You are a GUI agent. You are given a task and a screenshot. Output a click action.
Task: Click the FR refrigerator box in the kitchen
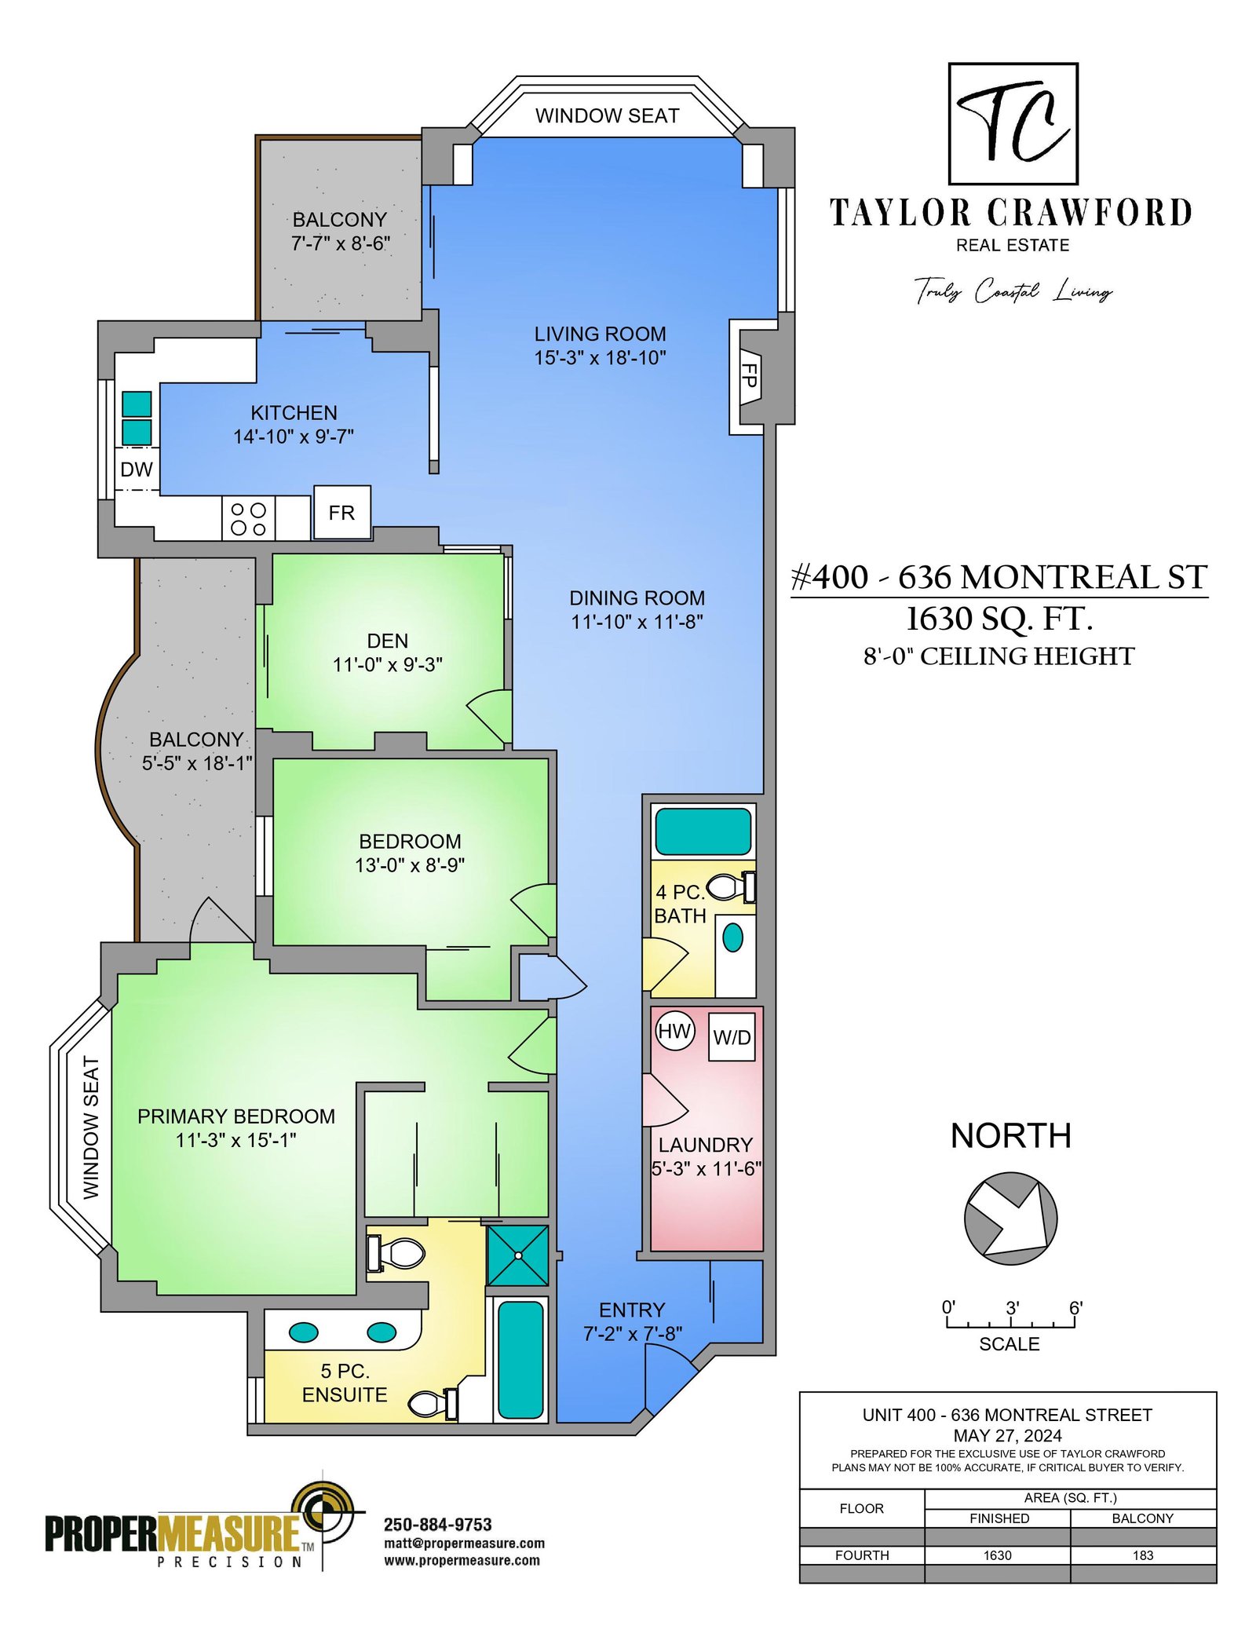click(x=341, y=512)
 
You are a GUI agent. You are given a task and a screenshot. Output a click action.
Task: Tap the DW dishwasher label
click(x=137, y=470)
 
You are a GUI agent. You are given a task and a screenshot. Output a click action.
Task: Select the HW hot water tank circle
click(x=674, y=1031)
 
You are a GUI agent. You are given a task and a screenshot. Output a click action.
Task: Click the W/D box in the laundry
click(x=732, y=1036)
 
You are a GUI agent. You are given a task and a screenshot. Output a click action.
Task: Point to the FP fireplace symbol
click(x=750, y=375)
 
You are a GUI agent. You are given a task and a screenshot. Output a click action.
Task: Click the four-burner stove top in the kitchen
click(x=248, y=518)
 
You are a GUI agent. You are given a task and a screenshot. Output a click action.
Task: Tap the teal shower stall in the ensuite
click(x=518, y=1255)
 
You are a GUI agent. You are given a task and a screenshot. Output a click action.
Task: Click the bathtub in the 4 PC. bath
click(x=703, y=831)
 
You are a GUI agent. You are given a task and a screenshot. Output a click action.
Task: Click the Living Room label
click(x=600, y=334)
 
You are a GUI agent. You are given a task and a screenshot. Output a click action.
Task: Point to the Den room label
click(x=387, y=641)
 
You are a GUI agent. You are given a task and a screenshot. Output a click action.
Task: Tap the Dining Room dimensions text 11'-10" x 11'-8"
click(x=637, y=622)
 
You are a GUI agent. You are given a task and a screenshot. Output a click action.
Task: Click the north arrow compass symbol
click(x=1011, y=1218)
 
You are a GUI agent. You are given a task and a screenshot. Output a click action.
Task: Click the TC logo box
click(x=1013, y=124)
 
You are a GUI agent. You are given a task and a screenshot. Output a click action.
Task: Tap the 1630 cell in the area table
click(x=997, y=1555)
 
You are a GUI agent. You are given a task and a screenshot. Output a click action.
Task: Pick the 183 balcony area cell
click(x=1143, y=1555)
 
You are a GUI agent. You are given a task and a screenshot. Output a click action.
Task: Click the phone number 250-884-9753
click(x=437, y=1525)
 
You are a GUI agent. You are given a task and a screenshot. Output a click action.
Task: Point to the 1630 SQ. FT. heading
click(x=999, y=619)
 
